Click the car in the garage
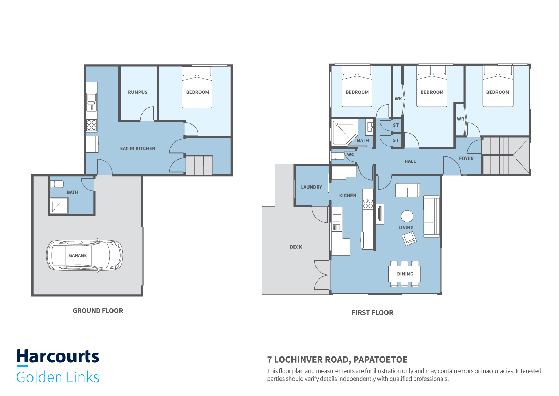point(84,255)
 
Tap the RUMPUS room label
point(138,92)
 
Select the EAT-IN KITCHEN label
point(138,149)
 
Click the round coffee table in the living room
point(407,216)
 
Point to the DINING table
point(404,274)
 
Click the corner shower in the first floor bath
point(344,133)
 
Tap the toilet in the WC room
point(337,156)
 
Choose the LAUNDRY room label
point(311,187)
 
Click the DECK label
point(296,247)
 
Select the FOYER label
point(466,158)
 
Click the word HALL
point(410,161)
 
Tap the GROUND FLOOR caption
point(98,311)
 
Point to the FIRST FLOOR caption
point(372,313)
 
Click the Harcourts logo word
point(58,356)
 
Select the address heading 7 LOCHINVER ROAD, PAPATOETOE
point(337,360)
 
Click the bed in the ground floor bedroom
point(197,87)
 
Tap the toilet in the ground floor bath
point(57,184)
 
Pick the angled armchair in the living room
point(409,239)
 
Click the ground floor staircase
point(199,165)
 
